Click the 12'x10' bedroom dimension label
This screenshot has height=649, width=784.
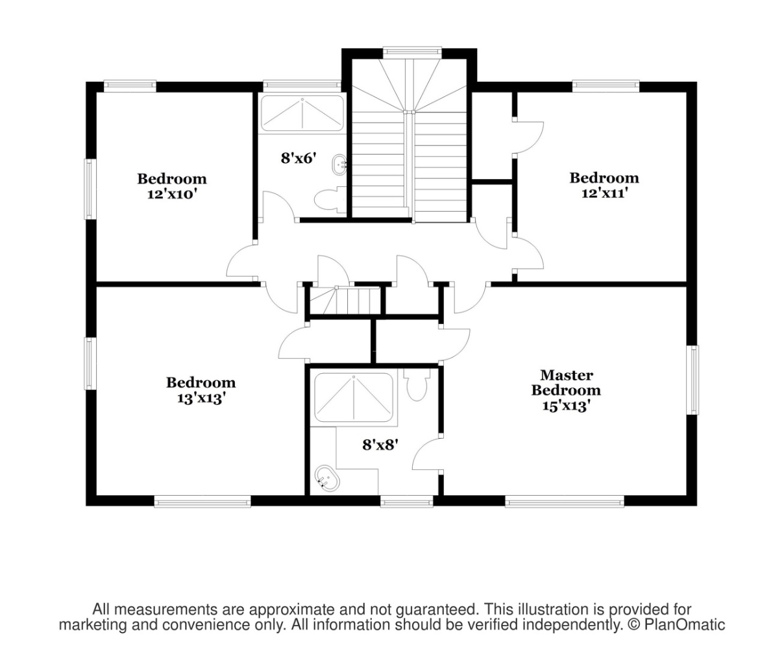[x=172, y=195]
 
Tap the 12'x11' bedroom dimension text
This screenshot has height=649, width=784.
[x=604, y=193]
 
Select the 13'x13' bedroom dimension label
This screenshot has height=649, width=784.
[x=201, y=398]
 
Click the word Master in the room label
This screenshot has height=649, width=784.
[x=567, y=375]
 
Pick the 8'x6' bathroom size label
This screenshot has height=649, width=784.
[x=297, y=158]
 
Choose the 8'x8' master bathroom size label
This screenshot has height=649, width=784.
[x=380, y=445]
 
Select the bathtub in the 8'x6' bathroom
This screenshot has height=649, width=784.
[x=302, y=113]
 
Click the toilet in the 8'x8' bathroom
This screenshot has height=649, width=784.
[x=416, y=385]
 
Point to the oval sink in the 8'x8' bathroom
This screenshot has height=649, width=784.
[x=326, y=478]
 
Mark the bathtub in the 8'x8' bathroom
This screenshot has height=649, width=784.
[x=354, y=397]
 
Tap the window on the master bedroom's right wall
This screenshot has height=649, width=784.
[x=692, y=380]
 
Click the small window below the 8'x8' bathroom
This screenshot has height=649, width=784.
[x=407, y=502]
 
